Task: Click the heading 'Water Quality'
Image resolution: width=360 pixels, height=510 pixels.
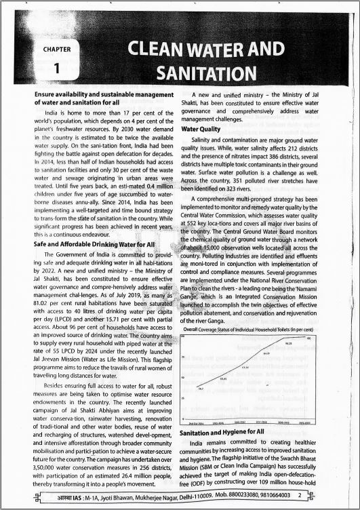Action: [x=201, y=128]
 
